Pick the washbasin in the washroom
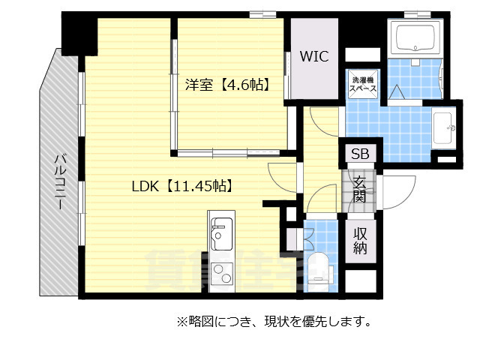(x=444, y=127)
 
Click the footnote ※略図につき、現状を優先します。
(x=274, y=322)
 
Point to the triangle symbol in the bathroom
(x=394, y=91)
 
